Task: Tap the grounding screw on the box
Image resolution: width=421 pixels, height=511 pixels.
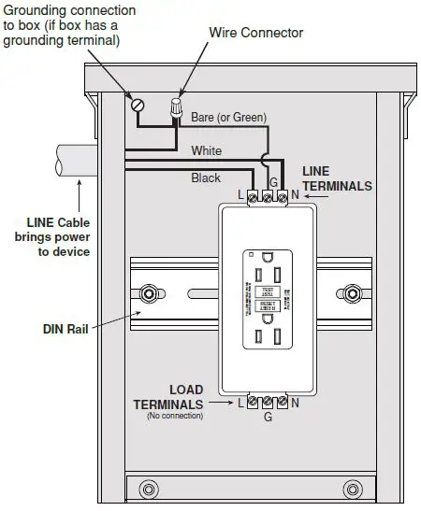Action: click(x=138, y=104)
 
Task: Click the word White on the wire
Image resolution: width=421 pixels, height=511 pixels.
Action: click(x=206, y=150)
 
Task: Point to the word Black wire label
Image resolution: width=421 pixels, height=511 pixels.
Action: click(x=206, y=177)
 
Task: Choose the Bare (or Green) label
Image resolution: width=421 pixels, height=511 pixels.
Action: click(x=228, y=118)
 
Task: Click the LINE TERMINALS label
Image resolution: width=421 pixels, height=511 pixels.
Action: click(x=337, y=178)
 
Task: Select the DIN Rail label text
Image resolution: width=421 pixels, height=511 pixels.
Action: click(x=65, y=328)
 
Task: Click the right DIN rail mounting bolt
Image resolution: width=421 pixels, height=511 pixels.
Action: click(x=352, y=292)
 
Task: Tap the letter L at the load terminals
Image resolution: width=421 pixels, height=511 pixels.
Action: click(x=240, y=403)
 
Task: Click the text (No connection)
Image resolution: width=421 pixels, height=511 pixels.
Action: click(x=174, y=416)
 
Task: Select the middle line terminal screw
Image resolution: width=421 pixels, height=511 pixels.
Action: click(x=269, y=196)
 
